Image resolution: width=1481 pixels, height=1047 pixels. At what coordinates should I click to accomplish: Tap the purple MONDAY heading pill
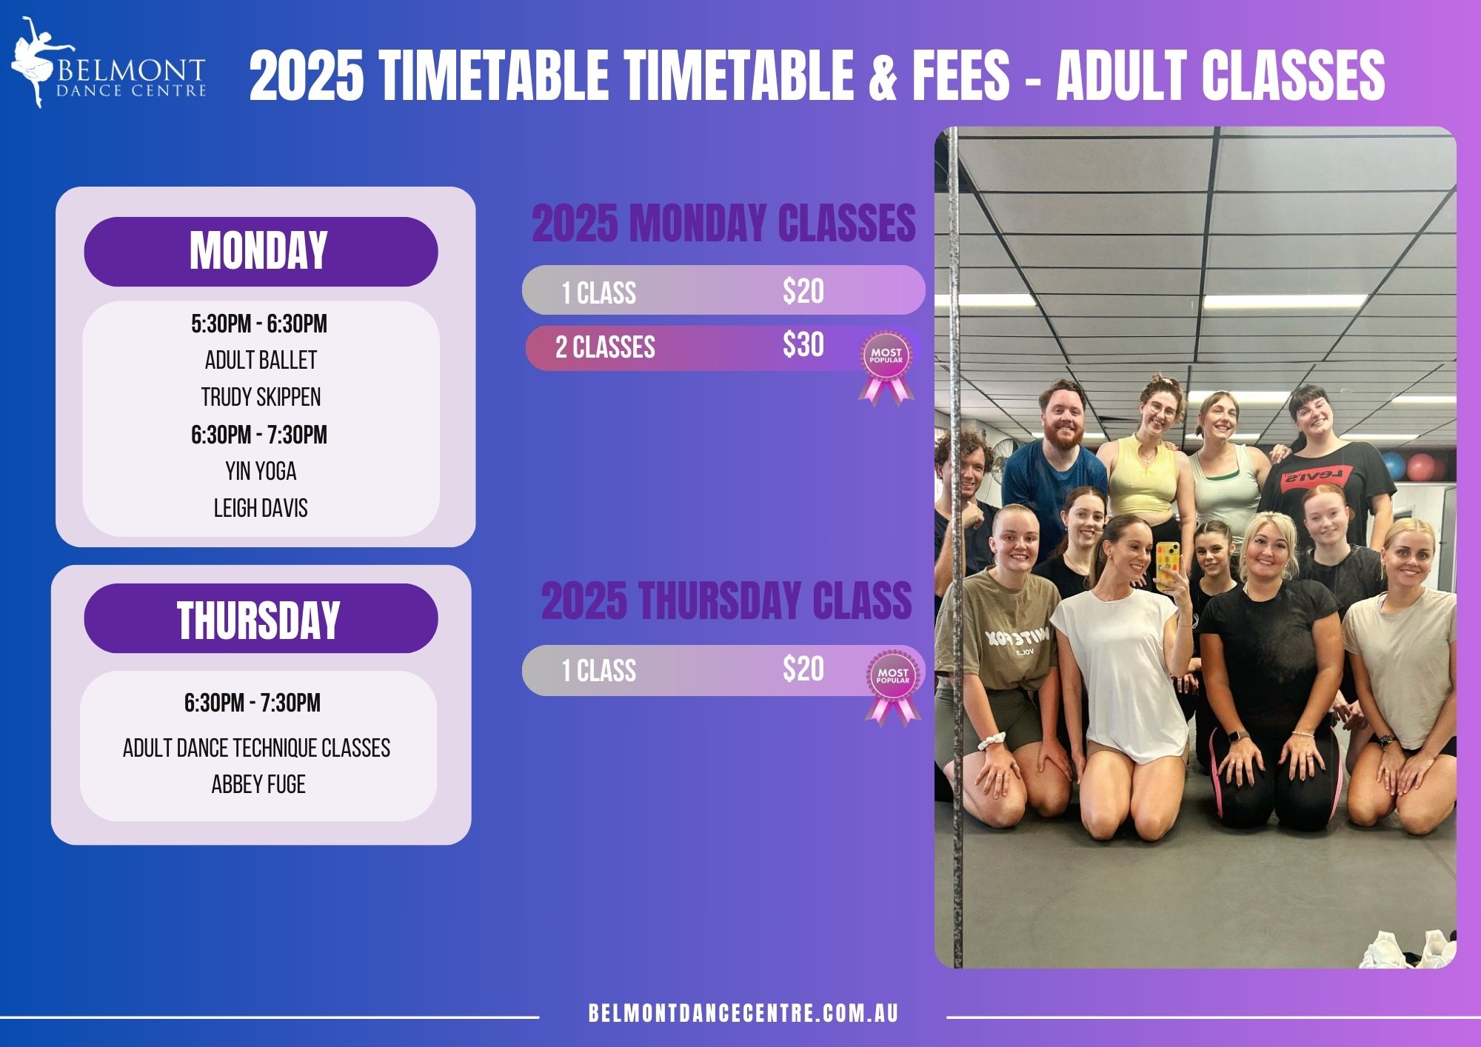261,251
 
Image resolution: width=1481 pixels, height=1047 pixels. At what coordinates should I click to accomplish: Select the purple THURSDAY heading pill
261,618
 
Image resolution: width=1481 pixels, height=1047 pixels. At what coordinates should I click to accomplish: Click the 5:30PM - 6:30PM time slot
259,324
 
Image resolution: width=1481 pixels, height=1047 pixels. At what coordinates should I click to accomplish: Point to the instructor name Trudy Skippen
261,397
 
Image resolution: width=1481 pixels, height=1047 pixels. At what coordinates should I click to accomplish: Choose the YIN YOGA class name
261,471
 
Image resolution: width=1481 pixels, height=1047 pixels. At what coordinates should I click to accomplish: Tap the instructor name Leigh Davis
261,508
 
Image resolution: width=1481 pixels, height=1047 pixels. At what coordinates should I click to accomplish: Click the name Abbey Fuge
258,784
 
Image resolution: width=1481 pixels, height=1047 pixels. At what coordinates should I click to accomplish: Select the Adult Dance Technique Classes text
256,748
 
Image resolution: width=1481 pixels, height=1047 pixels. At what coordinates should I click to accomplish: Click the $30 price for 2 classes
803,344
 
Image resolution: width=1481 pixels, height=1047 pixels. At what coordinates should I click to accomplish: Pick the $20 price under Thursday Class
803,669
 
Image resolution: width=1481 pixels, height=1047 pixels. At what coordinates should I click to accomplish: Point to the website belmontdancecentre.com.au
743,1014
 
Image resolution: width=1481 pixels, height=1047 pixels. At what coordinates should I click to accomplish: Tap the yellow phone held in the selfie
1168,565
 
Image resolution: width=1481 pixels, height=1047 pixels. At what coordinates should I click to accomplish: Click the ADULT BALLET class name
261,360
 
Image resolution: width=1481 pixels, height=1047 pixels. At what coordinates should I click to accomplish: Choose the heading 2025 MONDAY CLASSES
723,223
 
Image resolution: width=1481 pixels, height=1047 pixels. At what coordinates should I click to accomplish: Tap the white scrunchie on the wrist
992,740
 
